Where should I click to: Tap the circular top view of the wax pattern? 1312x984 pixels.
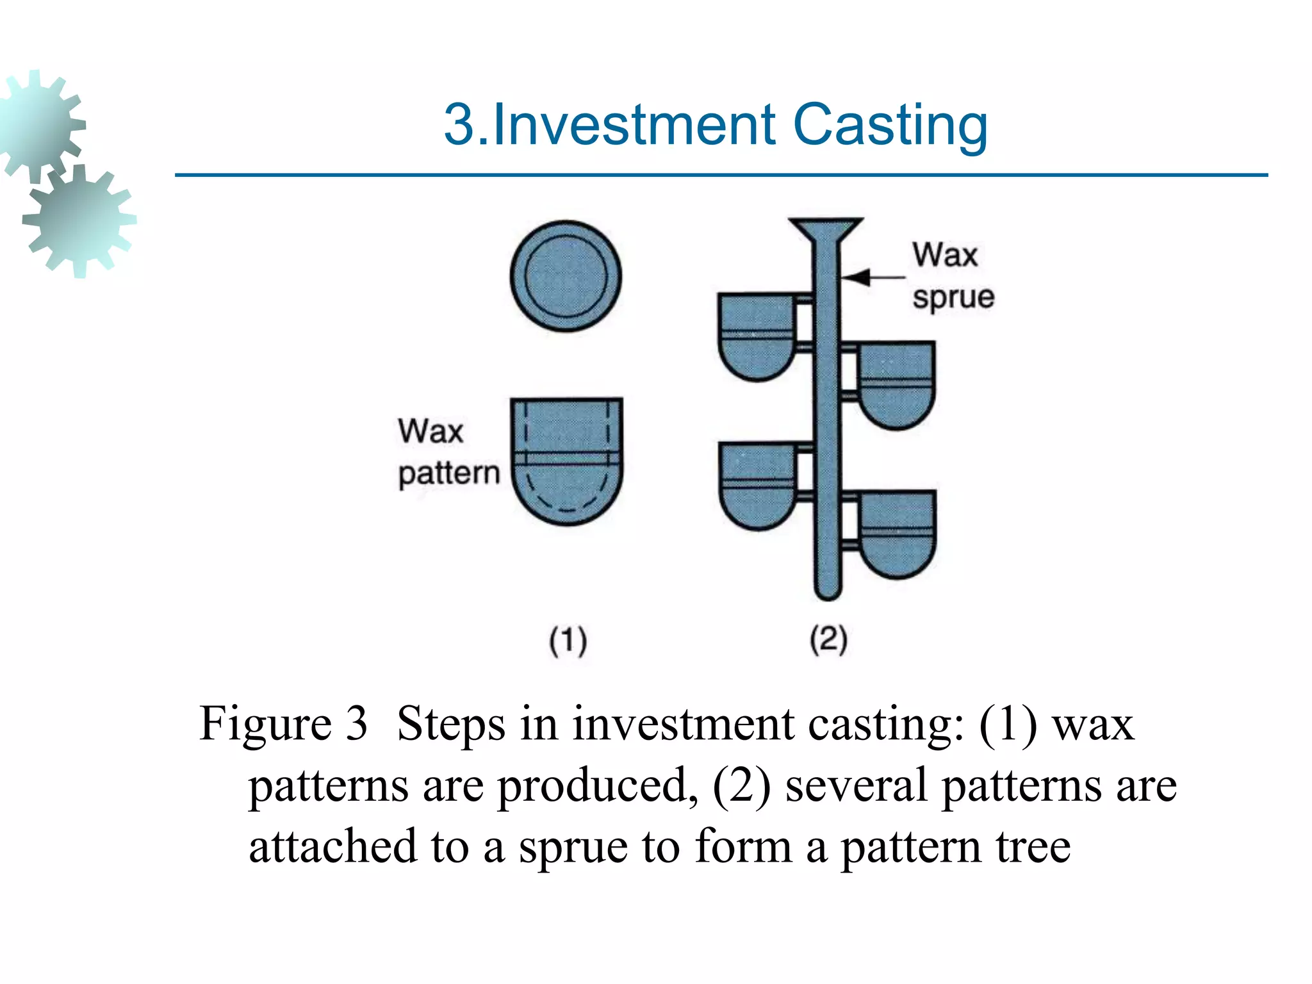coord(566,276)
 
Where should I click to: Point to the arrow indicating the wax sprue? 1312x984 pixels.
coord(871,277)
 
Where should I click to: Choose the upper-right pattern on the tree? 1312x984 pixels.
coord(896,384)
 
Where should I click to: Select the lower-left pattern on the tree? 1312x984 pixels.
coord(757,484)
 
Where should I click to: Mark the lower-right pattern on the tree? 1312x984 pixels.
coord(897,534)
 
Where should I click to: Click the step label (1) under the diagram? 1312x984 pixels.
coord(568,641)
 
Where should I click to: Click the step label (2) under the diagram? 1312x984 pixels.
coord(828,639)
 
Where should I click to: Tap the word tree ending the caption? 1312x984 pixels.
coord(1033,847)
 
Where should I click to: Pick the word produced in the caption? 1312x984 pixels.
coord(596,785)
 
